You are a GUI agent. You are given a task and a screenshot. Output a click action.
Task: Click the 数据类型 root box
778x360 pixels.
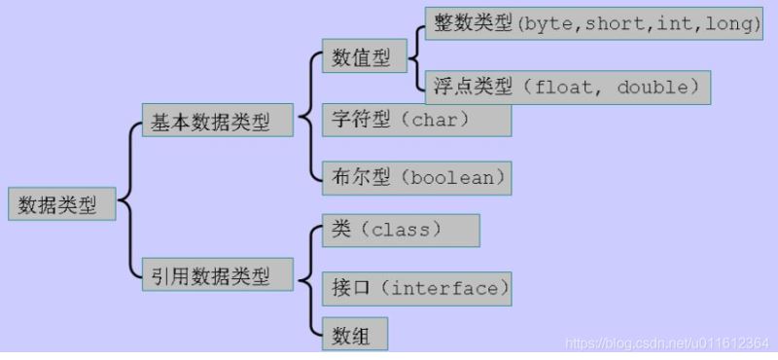pyautogui.click(x=60, y=204)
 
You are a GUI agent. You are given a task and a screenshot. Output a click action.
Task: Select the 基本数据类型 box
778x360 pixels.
pyautogui.click(x=217, y=121)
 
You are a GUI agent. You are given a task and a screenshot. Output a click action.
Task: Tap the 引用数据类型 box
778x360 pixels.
pyautogui.click(x=217, y=275)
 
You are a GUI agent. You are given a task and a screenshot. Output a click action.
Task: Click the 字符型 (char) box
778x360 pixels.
pyautogui.click(x=416, y=120)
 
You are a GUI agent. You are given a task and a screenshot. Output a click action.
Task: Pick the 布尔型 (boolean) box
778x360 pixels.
pyautogui.click(x=416, y=178)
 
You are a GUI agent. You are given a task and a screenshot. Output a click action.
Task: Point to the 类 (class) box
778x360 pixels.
pyautogui.click(x=400, y=231)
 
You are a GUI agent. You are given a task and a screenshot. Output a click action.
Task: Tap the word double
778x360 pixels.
pyautogui.click(x=653, y=87)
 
